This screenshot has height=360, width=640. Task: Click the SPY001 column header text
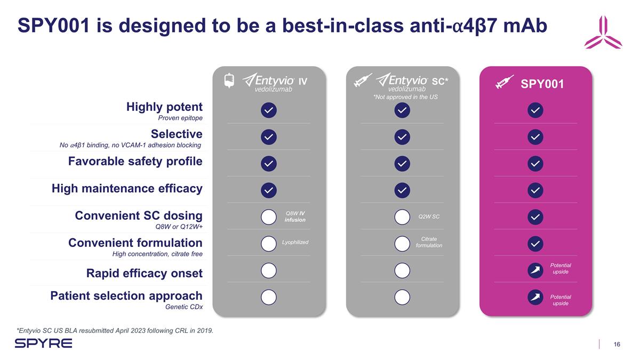click(x=542, y=84)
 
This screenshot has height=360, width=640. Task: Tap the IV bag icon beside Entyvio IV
click(x=229, y=81)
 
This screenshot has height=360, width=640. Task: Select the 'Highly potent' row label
click(x=164, y=107)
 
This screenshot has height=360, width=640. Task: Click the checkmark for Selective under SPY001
click(x=535, y=137)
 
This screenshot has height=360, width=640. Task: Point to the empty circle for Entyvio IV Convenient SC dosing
click(x=269, y=218)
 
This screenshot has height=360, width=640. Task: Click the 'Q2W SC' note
click(x=429, y=217)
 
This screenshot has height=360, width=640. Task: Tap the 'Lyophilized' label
click(x=295, y=243)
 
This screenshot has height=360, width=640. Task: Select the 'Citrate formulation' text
click(x=429, y=242)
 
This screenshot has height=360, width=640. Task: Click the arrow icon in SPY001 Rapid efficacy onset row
click(x=535, y=270)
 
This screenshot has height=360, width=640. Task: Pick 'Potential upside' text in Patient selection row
click(x=560, y=300)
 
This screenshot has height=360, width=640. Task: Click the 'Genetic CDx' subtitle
click(x=184, y=307)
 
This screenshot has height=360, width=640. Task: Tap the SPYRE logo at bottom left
click(x=43, y=343)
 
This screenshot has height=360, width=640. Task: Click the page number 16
click(x=617, y=344)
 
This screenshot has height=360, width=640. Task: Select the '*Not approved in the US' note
click(x=405, y=98)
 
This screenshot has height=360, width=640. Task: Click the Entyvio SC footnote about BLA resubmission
click(x=115, y=331)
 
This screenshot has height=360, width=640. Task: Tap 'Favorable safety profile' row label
click(x=135, y=161)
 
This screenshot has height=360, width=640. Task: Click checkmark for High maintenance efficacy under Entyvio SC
click(x=402, y=190)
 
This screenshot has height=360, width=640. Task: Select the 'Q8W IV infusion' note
click(x=295, y=217)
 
